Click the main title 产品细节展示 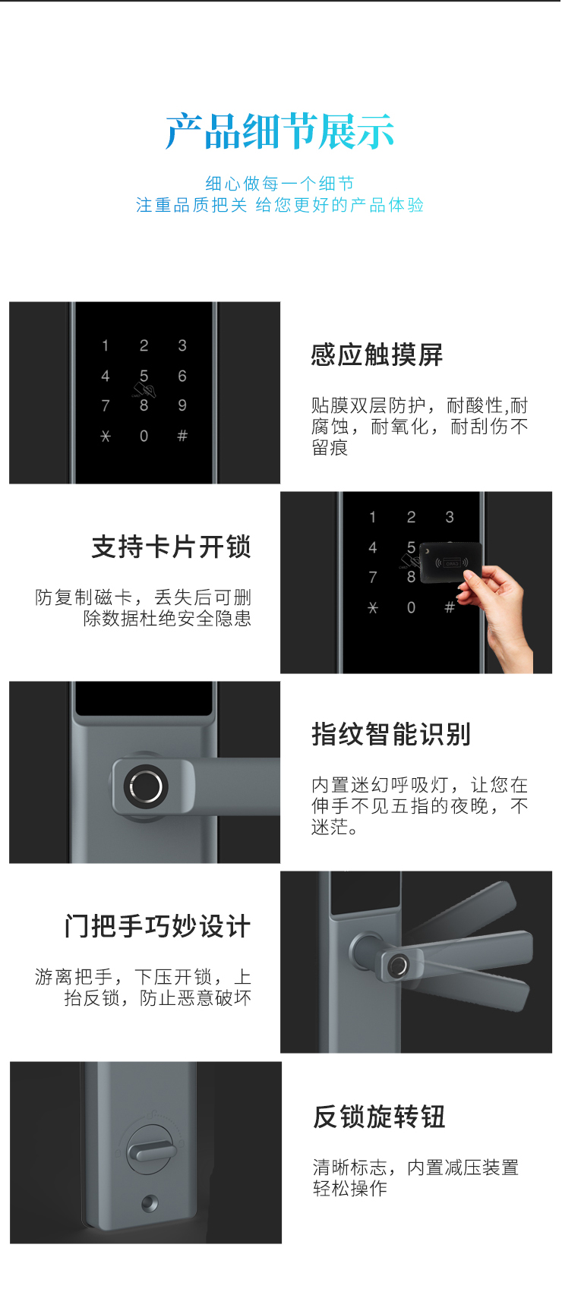click(x=279, y=131)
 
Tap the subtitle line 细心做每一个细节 click(x=279, y=183)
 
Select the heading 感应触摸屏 click(x=377, y=354)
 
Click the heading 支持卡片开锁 click(x=171, y=547)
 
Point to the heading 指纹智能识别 click(x=391, y=734)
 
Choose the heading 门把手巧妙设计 click(x=158, y=926)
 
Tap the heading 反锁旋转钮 click(x=379, y=1117)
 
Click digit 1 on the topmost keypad click(x=106, y=345)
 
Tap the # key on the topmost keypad click(x=182, y=436)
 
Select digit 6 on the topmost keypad click(x=182, y=376)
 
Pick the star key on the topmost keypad click(x=106, y=436)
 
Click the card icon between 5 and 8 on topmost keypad click(x=144, y=389)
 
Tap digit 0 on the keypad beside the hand click(x=411, y=607)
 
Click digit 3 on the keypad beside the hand click(x=450, y=517)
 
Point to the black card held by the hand click(x=450, y=562)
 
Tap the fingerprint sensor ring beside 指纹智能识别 click(x=146, y=786)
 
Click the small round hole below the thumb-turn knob click(x=150, y=1204)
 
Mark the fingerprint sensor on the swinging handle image click(x=399, y=965)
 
